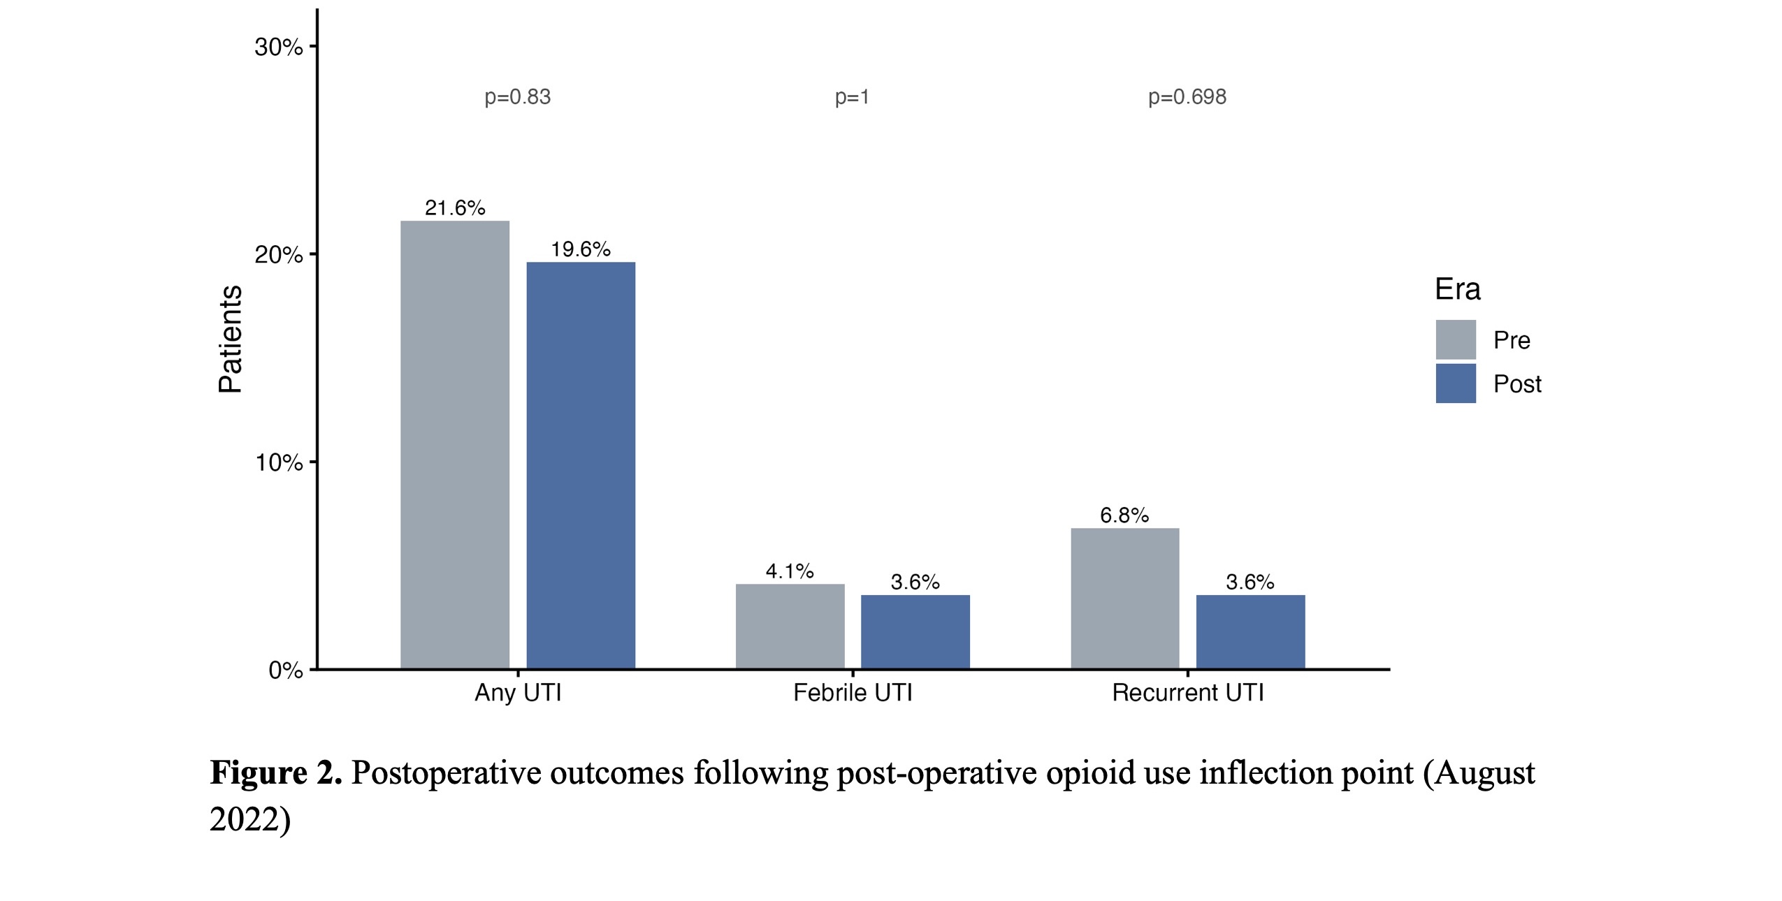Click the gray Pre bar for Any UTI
coord(455,445)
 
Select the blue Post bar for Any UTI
coord(581,465)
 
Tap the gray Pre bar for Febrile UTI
coord(790,627)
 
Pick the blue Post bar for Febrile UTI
coord(915,632)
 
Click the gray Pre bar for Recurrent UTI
coord(1125,599)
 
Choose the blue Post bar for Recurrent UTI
coord(1251,632)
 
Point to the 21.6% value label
coord(455,207)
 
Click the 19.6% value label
coord(581,249)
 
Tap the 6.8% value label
coord(1124,515)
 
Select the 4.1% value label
coord(790,571)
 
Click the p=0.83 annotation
coord(518,97)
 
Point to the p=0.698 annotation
coord(1187,97)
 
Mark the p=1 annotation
coord(853,97)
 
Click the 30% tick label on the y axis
coord(279,47)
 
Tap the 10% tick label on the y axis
coord(279,462)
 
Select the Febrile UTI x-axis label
coord(853,693)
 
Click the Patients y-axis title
coord(230,339)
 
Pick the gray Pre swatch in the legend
coord(1456,339)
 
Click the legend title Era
coord(1458,289)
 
